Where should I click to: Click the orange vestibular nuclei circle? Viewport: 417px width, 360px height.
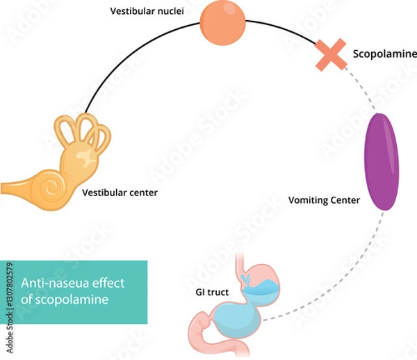coord(222,23)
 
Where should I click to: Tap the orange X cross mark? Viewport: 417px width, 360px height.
coord(332,54)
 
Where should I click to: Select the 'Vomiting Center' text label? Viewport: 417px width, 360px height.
coord(324,201)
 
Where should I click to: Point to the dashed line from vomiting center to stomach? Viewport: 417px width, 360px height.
coord(347,285)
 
